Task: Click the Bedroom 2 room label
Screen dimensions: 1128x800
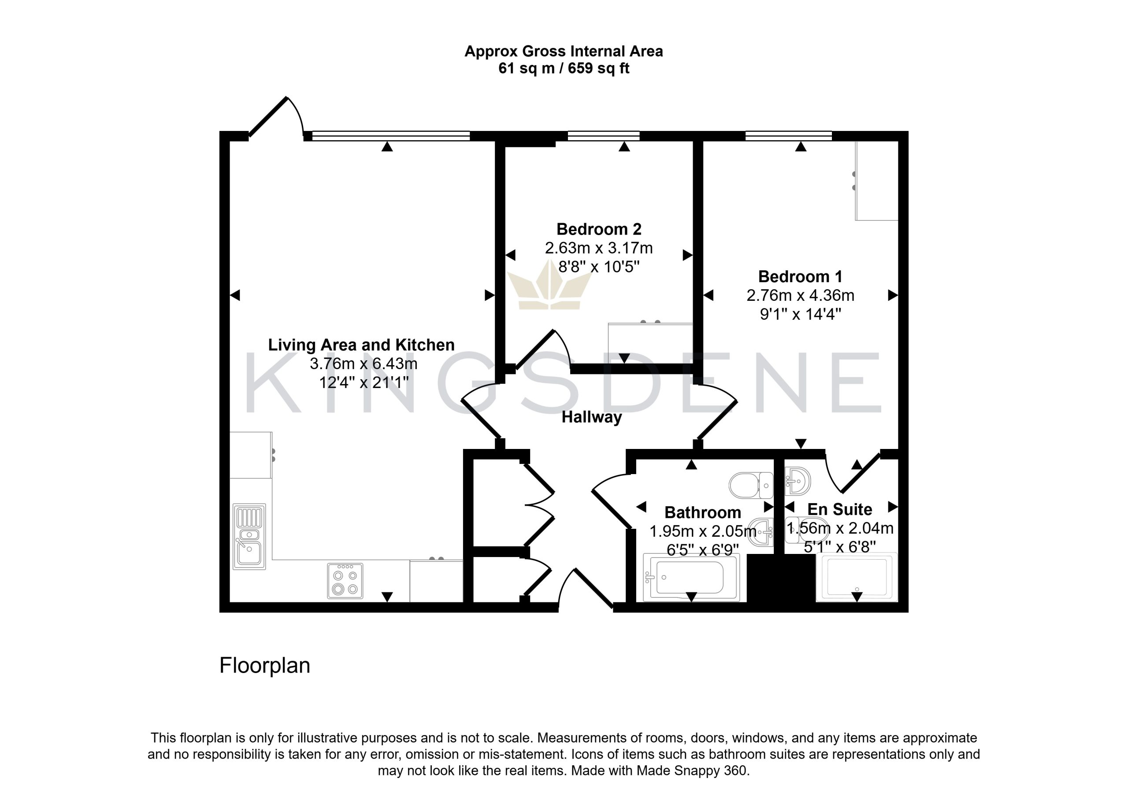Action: click(599, 229)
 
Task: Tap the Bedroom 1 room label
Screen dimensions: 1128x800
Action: click(800, 277)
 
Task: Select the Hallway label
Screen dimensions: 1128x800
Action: click(592, 417)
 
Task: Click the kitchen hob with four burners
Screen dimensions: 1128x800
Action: click(345, 581)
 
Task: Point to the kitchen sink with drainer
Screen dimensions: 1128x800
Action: click(249, 536)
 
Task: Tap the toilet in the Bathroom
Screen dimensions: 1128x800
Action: click(751, 485)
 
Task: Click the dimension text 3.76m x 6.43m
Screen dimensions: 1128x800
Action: click(363, 363)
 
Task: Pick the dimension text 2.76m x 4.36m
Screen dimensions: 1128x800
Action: click(800, 295)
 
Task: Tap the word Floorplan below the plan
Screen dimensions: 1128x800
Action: click(265, 665)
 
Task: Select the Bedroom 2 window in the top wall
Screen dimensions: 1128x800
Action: click(604, 135)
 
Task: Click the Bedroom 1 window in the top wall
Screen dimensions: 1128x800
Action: click(788, 135)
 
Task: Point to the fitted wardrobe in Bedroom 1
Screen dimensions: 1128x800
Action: click(877, 180)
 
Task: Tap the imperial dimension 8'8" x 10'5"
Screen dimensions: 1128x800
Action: click(598, 266)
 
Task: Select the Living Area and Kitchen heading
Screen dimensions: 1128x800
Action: click(361, 345)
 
